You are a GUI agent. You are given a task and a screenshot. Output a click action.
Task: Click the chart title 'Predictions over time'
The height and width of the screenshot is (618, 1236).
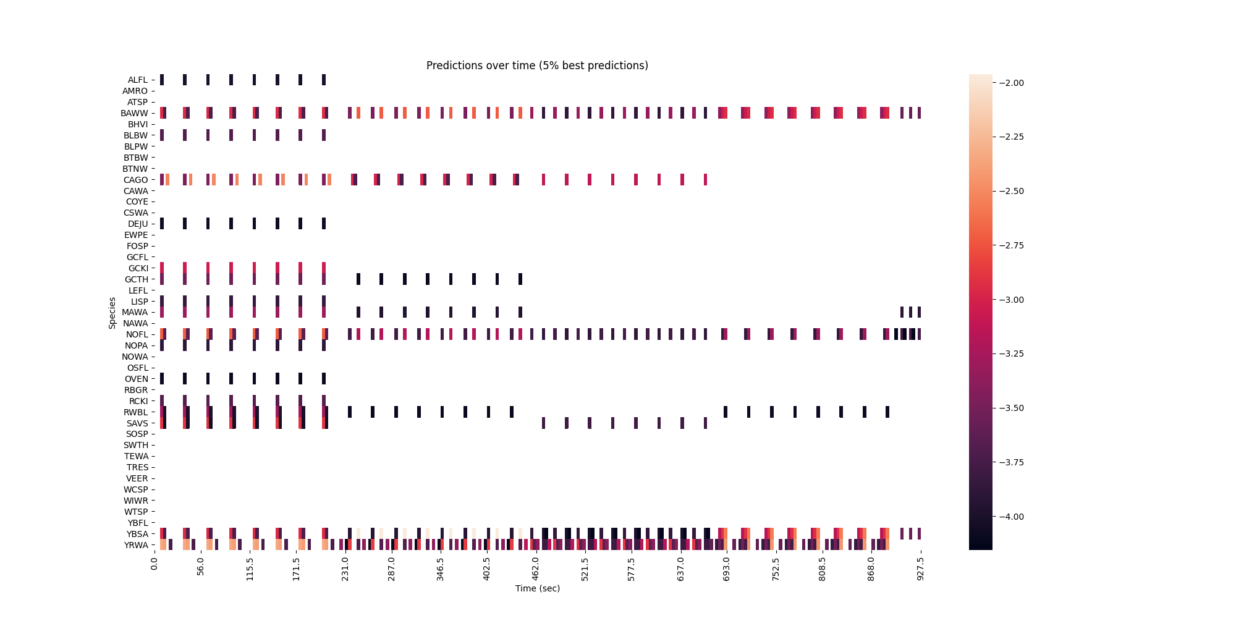pos(537,66)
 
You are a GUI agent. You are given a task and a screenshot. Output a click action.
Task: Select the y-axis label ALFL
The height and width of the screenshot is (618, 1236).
pos(138,80)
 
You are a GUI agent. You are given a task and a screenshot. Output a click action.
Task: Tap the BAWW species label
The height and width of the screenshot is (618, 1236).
pos(135,113)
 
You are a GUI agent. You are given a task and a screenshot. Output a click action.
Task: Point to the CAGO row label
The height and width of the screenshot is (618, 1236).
pos(136,180)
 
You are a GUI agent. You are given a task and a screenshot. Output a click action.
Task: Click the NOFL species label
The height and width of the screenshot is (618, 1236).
pos(137,334)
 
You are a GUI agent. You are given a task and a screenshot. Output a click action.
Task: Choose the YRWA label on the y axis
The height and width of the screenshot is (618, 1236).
pos(136,545)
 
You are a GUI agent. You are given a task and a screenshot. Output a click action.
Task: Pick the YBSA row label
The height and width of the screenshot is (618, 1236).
pos(137,534)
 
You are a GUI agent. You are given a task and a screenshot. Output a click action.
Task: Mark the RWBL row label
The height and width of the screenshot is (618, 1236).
pos(136,412)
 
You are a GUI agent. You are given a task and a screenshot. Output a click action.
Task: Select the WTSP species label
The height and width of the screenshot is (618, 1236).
pos(136,512)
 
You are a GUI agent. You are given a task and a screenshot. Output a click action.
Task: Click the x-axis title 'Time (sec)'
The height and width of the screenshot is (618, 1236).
pos(537,588)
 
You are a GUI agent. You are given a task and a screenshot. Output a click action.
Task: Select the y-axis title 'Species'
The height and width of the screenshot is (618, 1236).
pos(112,313)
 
